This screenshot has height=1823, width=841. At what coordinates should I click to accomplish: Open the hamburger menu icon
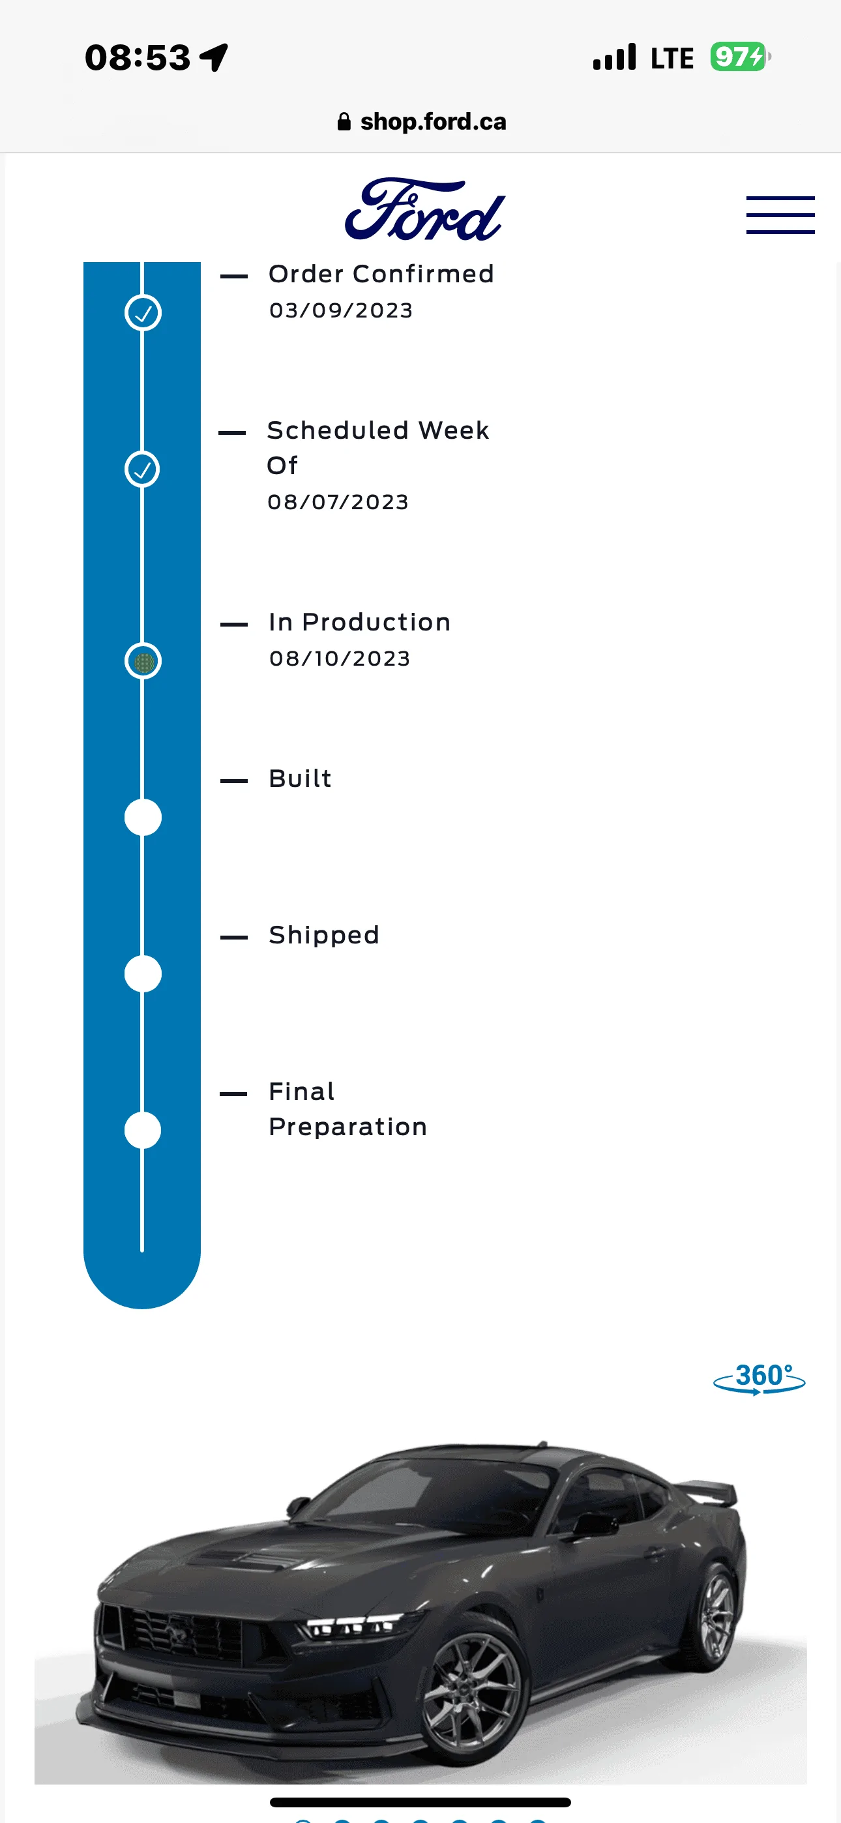click(x=780, y=215)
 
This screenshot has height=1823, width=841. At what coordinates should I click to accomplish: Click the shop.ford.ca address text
click(x=434, y=122)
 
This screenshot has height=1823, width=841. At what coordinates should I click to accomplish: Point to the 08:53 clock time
click(x=138, y=57)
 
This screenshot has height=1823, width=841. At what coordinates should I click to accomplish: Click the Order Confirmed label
click(x=381, y=274)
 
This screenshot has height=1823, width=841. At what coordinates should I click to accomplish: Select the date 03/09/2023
click(x=341, y=310)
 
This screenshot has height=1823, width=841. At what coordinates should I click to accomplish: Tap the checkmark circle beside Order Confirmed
click(x=143, y=313)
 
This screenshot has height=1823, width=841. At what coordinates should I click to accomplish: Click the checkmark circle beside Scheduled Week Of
click(x=142, y=469)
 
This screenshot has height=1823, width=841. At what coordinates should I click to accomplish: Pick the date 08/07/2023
click(x=338, y=503)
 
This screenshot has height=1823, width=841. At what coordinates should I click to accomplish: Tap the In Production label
click(x=360, y=622)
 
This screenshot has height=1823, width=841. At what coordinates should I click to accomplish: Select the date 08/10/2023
click(x=340, y=659)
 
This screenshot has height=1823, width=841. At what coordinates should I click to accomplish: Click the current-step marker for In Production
click(x=143, y=661)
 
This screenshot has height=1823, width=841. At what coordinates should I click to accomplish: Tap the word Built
click(x=300, y=778)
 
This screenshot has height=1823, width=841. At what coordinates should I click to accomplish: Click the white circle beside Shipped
click(x=143, y=974)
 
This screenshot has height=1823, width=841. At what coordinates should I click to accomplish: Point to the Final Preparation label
click(x=347, y=1109)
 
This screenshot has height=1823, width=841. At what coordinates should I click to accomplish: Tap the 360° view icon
click(x=759, y=1378)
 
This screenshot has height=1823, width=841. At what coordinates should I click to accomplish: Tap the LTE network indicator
click(x=671, y=58)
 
